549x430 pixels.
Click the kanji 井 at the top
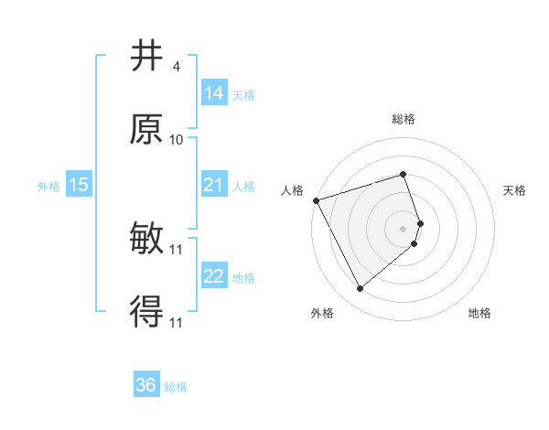(x=147, y=56)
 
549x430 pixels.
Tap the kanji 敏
(x=147, y=240)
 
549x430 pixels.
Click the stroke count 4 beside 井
(x=176, y=67)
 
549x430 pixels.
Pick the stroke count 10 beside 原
(x=177, y=140)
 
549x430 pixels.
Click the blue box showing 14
(x=214, y=92)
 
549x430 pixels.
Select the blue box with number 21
(x=214, y=185)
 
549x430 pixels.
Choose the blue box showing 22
(x=214, y=276)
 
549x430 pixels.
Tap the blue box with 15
(x=79, y=185)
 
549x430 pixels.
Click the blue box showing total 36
(x=146, y=385)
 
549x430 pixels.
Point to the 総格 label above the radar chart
(x=404, y=119)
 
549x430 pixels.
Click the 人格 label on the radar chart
(x=293, y=190)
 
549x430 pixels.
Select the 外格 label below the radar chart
(x=321, y=314)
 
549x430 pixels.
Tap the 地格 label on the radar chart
(x=479, y=314)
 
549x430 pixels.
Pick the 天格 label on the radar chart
(x=515, y=190)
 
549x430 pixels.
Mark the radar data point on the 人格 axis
(x=316, y=200)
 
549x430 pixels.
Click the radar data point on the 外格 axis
(x=360, y=289)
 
